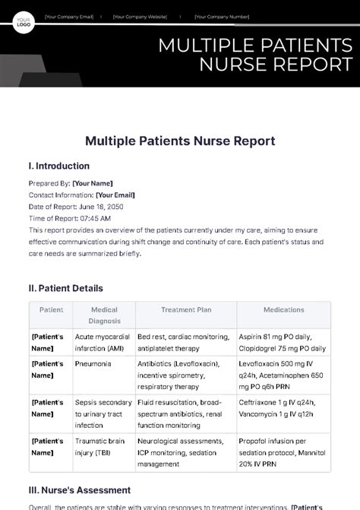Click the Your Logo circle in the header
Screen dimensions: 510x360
24,22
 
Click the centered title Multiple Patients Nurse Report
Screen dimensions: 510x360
179,141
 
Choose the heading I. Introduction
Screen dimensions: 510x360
58,166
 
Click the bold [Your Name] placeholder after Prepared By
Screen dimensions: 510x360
92,183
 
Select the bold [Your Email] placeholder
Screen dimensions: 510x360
115,195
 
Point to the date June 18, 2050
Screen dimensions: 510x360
97,206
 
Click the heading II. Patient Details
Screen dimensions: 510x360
65,288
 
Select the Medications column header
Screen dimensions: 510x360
283,310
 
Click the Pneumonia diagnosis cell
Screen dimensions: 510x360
93,364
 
